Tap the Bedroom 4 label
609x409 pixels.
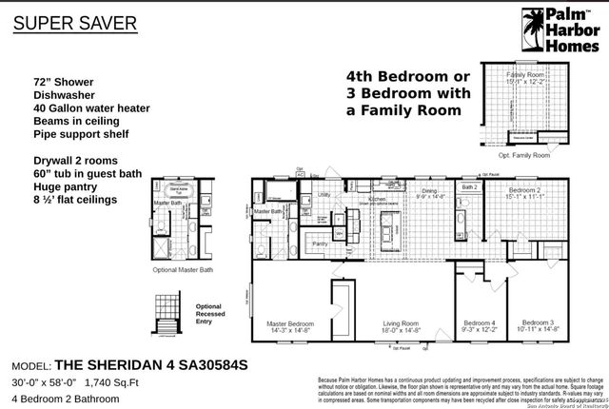tap(479, 322)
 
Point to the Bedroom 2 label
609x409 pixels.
tap(524, 190)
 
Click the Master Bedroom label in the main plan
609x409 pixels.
tap(288, 322)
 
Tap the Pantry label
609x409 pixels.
tap(321, 243)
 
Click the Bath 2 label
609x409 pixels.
tap(469, 187)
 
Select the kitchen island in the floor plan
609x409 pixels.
tap(386, 228)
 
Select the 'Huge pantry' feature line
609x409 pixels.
tap(68, 187)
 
